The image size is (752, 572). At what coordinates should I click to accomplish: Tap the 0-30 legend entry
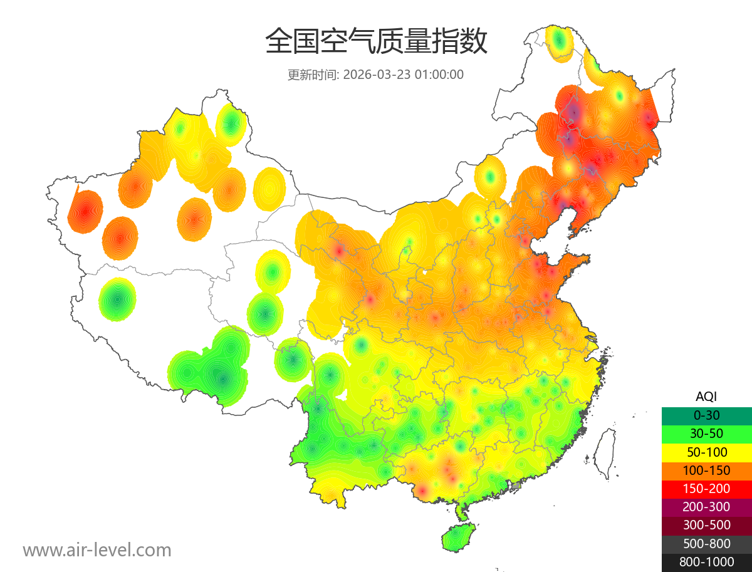pyautogui.click(x=706, y=415)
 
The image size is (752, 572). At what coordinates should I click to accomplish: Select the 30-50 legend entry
pyautogui.click(x=706, y=434)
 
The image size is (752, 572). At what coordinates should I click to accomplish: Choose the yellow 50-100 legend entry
pyautogui.click(x=706, y=452)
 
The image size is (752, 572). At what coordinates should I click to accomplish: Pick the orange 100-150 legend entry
pyautogui.click(x=706, y=470)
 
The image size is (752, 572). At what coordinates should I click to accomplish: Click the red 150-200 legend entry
pyautogui.click(x=706, y=489)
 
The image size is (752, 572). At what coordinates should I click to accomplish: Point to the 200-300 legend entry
pyautogui.click(x=706, y=507)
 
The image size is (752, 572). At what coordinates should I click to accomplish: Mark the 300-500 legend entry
pyautogui.click(x=706, y=525)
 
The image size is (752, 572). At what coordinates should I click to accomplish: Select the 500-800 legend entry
pyautogui.click(x=706, y=543)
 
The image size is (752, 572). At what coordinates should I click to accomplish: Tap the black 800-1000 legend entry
pyautogui.click(x=706, y=562)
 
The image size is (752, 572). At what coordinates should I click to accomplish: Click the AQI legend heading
pyautogui.click(x=706, y=397)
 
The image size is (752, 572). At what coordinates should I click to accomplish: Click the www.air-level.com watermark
pyautogui.click(x=97, y=550)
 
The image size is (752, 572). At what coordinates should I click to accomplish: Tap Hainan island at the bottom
pyautogui.click(x=459, y=538)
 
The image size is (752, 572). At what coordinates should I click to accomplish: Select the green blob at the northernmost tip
pyautogui.click(x=560, y=42)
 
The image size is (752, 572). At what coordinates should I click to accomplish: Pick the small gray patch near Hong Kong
pyautogui.click(x=516, y=486)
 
